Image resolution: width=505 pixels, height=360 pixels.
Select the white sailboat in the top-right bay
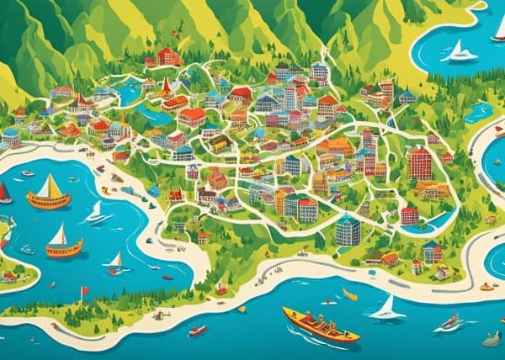[x=461, y=52]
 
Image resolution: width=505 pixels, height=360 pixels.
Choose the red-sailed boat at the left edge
[x=5, y=194]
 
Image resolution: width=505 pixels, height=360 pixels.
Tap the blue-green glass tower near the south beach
[x=348, y=230]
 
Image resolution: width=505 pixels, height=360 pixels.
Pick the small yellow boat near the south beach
[x=349, y=294]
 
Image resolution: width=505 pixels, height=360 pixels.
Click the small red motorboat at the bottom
[x=198, y=331]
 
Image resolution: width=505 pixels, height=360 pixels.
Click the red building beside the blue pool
[x=409, y=215]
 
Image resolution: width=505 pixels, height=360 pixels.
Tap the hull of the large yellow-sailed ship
[x=49, y=201]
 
